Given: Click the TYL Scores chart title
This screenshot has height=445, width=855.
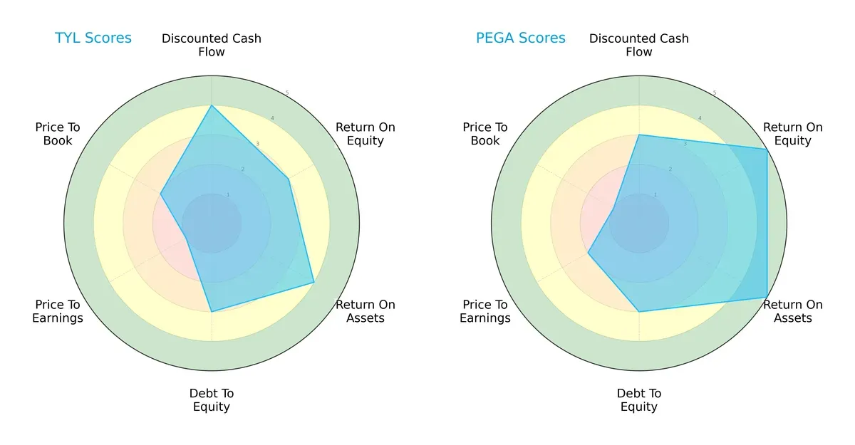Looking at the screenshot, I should point(93,38).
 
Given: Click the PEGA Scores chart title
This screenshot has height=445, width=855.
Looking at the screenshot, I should point(521,38).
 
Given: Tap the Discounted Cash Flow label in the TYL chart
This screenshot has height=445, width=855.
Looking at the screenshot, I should point(212,45).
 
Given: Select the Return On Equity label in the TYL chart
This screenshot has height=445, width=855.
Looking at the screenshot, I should point(366,134).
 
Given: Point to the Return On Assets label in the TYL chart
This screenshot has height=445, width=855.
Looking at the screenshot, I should point(366,311).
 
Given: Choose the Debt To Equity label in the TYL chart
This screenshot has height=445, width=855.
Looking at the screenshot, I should point(212,400).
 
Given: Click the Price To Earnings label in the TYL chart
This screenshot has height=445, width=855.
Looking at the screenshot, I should point(58,311).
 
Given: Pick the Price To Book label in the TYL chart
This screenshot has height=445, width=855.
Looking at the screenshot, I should point(58,134).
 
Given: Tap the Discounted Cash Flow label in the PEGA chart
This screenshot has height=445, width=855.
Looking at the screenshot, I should point(639,45).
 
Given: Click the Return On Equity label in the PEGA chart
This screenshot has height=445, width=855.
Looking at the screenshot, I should point(793,134).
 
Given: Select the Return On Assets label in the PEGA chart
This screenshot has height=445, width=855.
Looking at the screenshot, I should point(793,311).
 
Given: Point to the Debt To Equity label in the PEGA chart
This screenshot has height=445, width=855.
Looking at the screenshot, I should point(639,400).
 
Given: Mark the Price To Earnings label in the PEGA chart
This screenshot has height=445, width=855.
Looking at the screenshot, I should point(485,311).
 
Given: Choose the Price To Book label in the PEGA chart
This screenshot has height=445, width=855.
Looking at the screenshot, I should point(485,134).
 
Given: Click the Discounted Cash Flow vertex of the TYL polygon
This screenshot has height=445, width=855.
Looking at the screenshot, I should point(212,105).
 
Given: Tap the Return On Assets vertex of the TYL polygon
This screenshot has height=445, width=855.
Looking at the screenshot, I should point(314,283).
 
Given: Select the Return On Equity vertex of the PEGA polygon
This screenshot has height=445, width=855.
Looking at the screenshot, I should point(767,149).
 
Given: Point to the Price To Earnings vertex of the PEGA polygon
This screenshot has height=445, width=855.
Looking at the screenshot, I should point(588,253).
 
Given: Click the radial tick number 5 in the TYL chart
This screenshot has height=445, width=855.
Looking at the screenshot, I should point(287,93).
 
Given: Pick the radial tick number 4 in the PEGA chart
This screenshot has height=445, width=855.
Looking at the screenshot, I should point(700,118).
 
